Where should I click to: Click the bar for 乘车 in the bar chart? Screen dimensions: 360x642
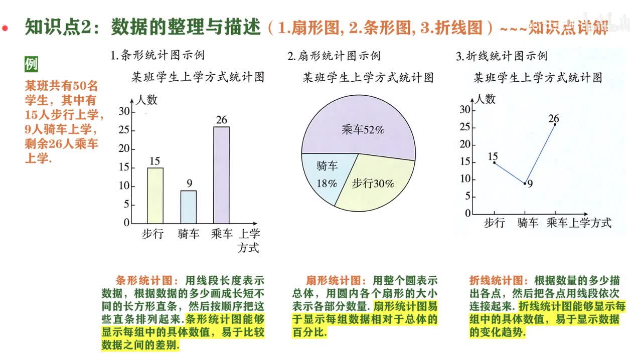click(x=221, y=175)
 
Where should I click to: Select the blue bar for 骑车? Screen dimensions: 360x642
click(x=189, y=207)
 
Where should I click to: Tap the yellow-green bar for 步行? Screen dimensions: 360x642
click(x=155, y=196)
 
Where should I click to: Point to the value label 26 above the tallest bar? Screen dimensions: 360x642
click(x=221, y=120)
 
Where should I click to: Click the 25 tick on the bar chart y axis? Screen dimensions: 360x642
click(x=123, y=130)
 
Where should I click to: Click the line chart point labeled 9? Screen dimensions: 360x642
click(x=525, y=184)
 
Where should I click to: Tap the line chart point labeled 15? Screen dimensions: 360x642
click(x=494, y=162)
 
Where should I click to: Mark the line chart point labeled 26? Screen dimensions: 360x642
click(x=555, y=124)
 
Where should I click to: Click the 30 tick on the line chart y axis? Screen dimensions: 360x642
click(x=464, y=110)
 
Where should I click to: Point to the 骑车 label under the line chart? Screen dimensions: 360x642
click(x=527, y=223)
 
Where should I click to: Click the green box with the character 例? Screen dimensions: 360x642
click(x=31, y=64)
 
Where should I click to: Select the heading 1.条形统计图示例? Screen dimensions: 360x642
click(x=157, y=56)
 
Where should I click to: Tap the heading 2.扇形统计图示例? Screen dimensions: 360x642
click(x=334, y=56)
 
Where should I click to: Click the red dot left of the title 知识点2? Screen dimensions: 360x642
click(x=5, y=28)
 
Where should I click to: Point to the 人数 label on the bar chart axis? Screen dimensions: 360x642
click(x=147, y=100)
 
